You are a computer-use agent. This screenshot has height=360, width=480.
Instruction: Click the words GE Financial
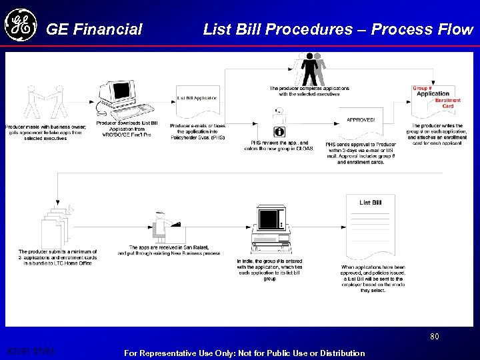point(94,29)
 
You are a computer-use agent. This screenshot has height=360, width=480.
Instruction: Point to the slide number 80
point(434,337)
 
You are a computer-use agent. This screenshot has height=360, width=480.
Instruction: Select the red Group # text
point(422,88)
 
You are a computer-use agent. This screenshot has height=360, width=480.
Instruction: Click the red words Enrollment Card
point(447,103)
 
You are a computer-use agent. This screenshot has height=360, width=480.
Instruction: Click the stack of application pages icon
point(57,223)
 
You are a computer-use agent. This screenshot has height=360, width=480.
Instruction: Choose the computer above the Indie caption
point(269,227)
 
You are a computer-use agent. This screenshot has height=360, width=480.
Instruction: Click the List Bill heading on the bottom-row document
point(370,203)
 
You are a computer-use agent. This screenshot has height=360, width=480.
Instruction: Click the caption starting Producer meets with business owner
point(46,132)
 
